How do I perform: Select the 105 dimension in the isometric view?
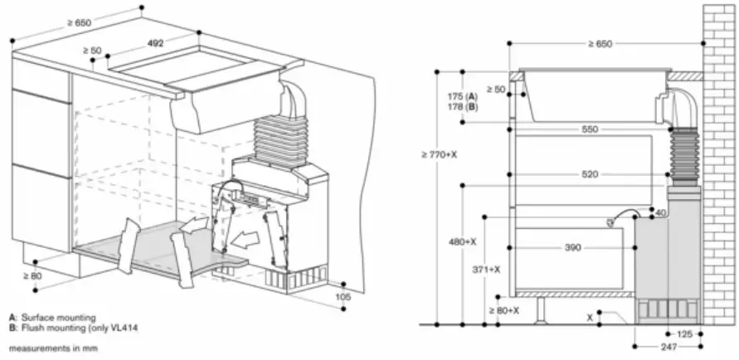tap(344, 296)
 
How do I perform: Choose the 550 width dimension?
tap(590, 130)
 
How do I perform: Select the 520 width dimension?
tap(590, 175)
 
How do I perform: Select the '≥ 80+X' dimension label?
tap(503, 310)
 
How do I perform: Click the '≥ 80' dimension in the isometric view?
tap(32, 275)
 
